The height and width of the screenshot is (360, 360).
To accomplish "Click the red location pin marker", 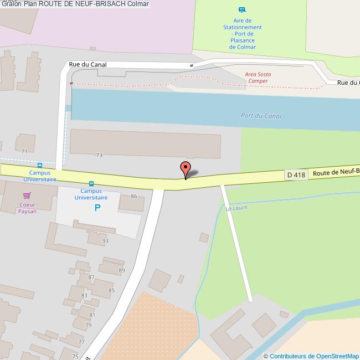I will click(x=186, y=168).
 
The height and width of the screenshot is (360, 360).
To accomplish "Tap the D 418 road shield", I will click(x=296, y=175).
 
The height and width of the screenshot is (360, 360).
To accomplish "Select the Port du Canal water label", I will click(x=261, y=116).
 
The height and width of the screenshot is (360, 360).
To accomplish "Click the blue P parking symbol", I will click(x=97, y=208).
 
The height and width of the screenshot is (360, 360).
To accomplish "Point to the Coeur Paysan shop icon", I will click(x=27, y=196).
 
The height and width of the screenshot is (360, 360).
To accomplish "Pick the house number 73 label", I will click(x=99, y=156).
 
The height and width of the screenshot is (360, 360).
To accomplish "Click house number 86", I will click(x=133, y=197).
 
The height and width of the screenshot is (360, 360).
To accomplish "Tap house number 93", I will click(x=105, y=240).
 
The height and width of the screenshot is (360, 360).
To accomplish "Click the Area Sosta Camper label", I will click(x=258, y=78).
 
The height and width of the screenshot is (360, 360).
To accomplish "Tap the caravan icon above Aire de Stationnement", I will click(x=241, y=10).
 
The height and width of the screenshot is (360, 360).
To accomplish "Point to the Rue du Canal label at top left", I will click(x=88, y=64).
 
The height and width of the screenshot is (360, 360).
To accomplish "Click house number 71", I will click(x=24, y=151).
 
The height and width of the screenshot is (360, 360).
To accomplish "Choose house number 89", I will click(x=122, y=270).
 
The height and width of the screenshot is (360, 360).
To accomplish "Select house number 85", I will click(x=111, y=290).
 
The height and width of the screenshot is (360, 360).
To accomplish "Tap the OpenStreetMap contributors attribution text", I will click(x=311, y=356).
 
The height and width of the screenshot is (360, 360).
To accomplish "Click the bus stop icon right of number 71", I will click(x=39, y=165).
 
